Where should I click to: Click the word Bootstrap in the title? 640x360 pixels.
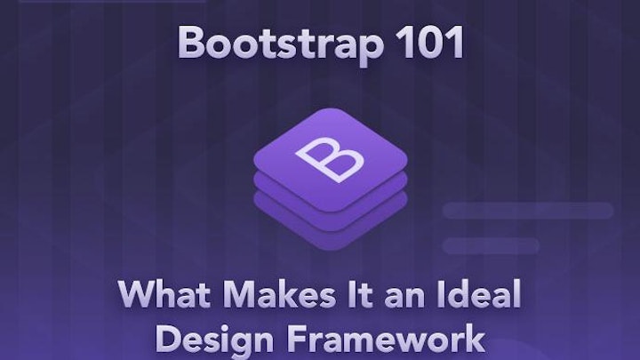click(x=278, y=44)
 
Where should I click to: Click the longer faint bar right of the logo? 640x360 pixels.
click(x=528, y=211)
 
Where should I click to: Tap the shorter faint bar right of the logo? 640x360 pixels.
click(x=479, y=245)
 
